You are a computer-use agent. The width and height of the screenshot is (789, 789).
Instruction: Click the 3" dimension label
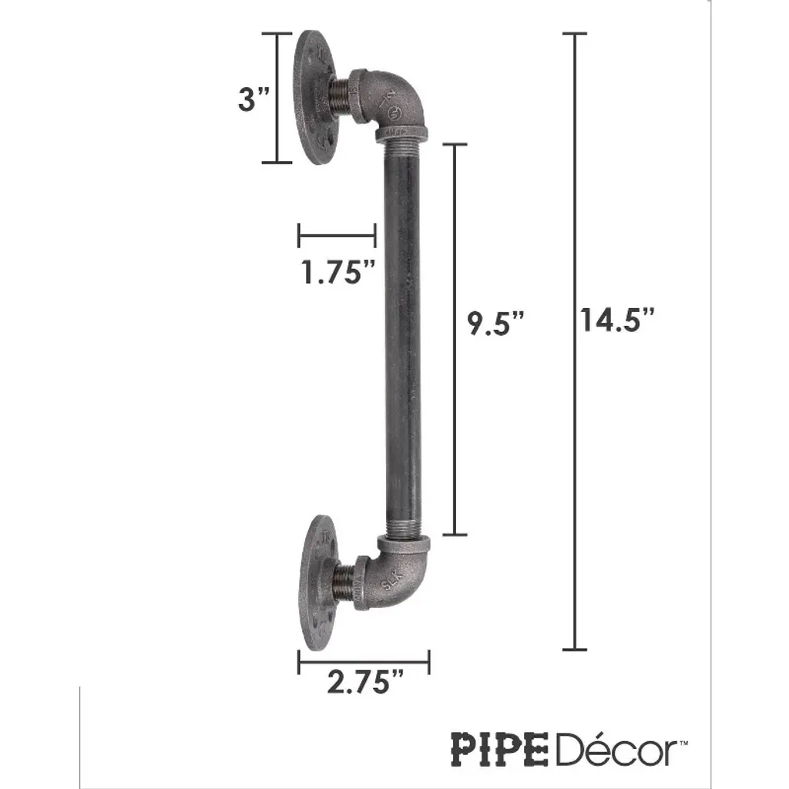253,99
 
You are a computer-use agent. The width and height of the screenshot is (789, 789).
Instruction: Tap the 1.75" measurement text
338,272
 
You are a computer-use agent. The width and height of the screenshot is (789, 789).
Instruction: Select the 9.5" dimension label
495,323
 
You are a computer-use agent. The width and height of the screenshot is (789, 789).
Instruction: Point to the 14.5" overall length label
617,320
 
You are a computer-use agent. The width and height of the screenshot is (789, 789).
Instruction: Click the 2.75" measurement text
365,682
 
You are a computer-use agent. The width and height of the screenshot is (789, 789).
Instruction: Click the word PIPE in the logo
499,749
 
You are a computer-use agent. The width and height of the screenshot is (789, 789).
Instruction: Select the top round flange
316,98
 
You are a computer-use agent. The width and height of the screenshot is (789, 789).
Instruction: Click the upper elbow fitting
392,106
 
